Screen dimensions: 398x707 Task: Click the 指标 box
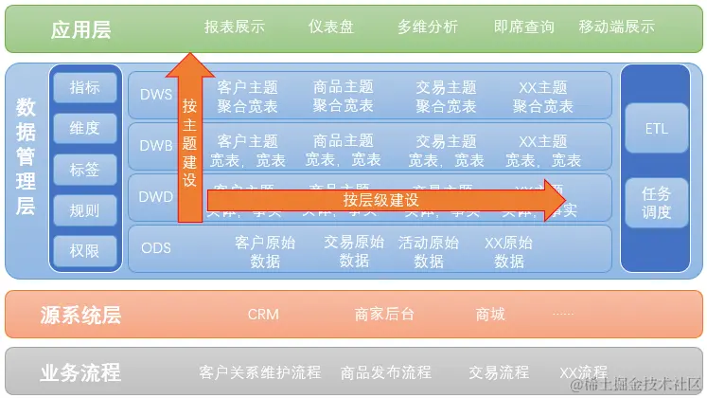click(x=84, y=88)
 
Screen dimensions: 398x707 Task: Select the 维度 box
click(x=84, y=129)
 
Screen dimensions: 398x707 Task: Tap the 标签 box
click(x=84, y=170)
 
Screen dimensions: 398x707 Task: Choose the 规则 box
click(x=84, y=210)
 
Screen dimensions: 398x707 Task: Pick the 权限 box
click(x=84, y=250)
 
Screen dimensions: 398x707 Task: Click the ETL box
click(x=656, y=128)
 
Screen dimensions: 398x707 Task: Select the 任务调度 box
click(x=656, y=202)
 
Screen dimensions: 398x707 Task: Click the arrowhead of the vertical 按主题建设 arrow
click(x=190, y=63)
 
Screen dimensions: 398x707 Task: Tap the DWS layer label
click(x=156, y=95)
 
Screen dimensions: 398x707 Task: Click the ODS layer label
click(x=156, y=249)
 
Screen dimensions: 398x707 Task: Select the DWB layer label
click(x=156, y=147)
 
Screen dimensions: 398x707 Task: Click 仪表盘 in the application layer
click(x=331, y=27)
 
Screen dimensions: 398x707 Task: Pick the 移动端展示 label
click(x=616, y=27)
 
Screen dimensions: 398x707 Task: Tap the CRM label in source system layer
click(x=263, y=314)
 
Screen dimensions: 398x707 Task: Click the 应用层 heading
click(x=80, y=29)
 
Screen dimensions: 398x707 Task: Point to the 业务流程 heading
click(x=80, y=372)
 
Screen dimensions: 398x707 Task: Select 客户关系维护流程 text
click(x=260, y=372)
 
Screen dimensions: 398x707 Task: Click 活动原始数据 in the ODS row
click(x=429, y=251)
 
